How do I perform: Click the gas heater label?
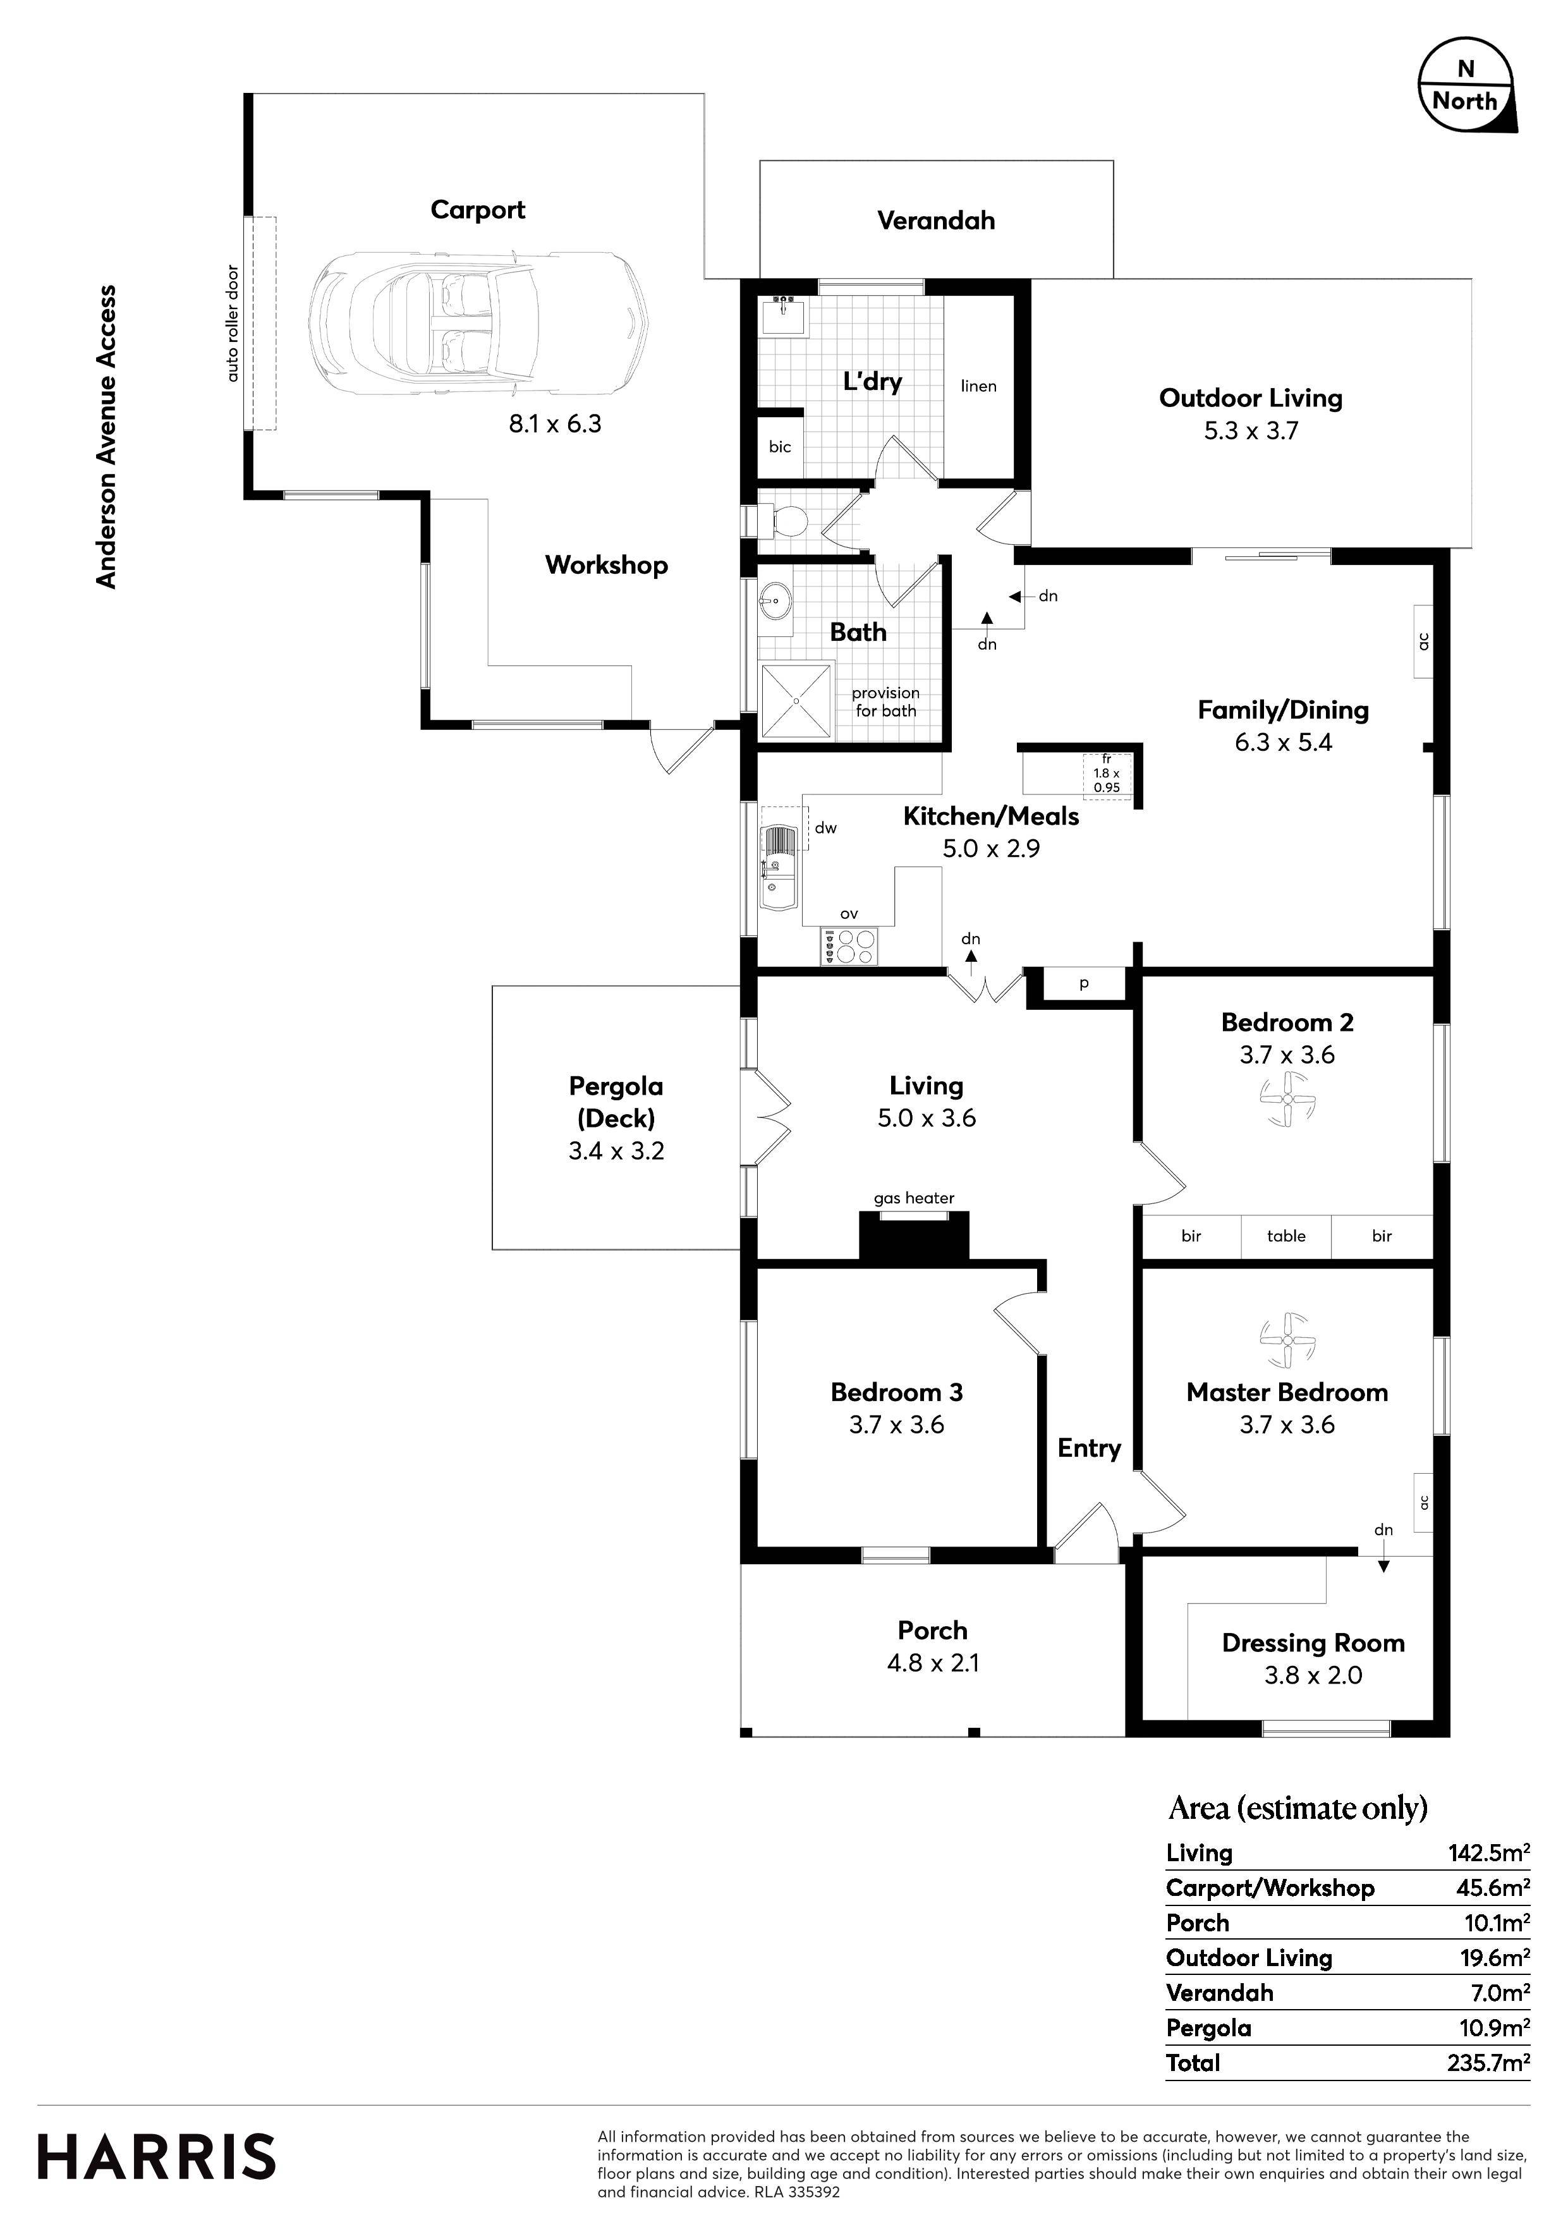(x=913, y=1198)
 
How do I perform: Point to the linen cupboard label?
(x=978, y=386)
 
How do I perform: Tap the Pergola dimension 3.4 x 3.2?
(x=616, y=1151)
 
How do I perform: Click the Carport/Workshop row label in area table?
(x=1270, y=1888)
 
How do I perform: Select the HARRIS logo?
(x=156, y=2157)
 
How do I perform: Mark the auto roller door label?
(x=232, y=322)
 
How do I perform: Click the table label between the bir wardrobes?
(x=1286, y=1236)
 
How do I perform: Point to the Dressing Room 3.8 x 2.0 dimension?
(x=1313, y=1675)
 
